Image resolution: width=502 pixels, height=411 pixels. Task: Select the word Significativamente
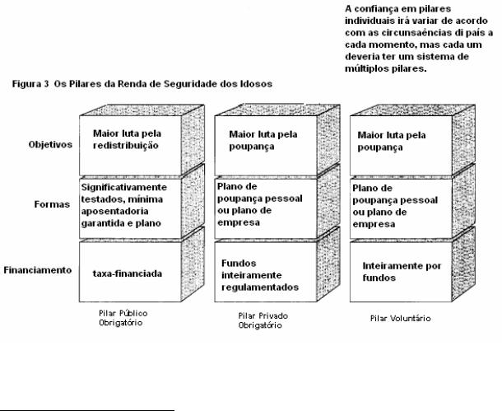[x=124, y=187]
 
